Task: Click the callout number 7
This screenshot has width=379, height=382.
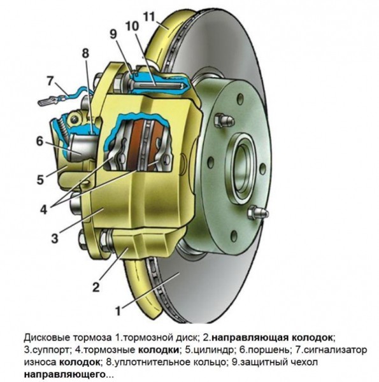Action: (50, 81)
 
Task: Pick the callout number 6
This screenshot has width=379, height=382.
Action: (39, 142)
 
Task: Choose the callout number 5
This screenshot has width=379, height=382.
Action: (39, 180)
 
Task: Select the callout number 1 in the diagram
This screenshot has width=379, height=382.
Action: (117, 311)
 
